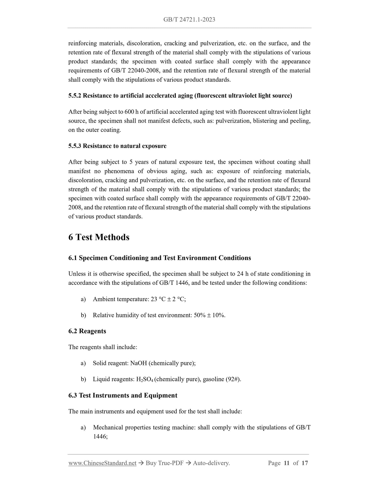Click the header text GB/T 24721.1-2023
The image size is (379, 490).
(189, 19)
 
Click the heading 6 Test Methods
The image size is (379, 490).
(99, 237)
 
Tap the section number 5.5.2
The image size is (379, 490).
(75, 96)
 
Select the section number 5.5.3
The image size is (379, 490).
(75, 146)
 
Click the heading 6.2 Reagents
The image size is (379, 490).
(87, 331)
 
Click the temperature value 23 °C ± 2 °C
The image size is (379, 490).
(168, 299)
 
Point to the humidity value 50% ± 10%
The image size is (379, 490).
(209, 315)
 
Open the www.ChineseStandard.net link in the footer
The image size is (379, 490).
(102, 463)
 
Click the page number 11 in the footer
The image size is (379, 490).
(286, 463)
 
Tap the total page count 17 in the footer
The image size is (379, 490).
(305, 463)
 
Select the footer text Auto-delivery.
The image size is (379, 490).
(211, 463)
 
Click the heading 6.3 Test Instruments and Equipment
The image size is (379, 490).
(123, 395)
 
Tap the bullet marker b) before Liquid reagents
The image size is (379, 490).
(83, 379)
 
